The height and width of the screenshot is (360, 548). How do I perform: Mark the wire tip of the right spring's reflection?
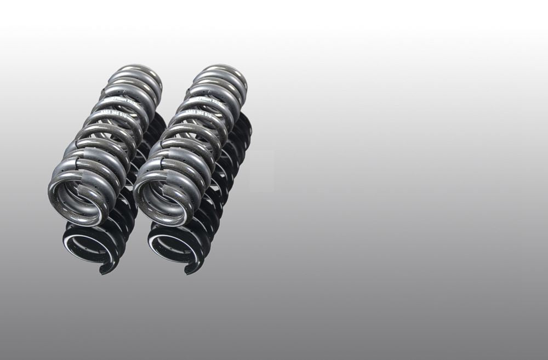189,268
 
